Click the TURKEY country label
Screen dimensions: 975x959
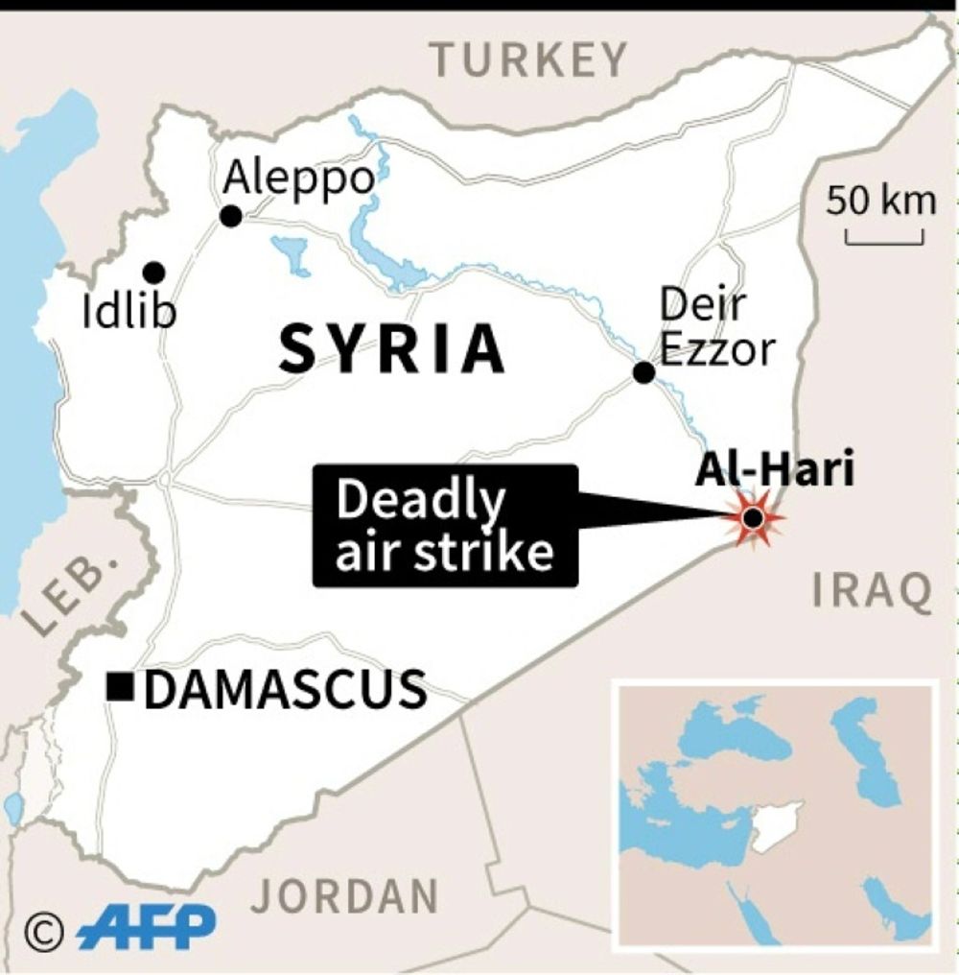pos(529,60)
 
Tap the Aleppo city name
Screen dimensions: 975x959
pos(297,178)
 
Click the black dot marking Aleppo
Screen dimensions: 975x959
pos(230,217)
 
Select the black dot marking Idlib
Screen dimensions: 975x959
pos(153,273)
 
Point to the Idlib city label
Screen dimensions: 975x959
pos(129,312)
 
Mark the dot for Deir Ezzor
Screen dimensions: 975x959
pos(644,372)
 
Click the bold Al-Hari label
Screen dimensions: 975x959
pos(775,470)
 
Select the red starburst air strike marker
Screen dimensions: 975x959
pos(754,519)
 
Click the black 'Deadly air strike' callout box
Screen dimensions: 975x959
pos(445,525)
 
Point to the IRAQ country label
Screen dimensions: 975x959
pos(872,591)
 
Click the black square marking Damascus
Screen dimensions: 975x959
pos(120,688)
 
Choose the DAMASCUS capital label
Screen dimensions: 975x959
pos(285,689)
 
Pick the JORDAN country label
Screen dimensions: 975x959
pos(344,896)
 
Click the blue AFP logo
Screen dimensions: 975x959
pos(146,928)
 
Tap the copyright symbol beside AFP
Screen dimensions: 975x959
pos(44,929)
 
